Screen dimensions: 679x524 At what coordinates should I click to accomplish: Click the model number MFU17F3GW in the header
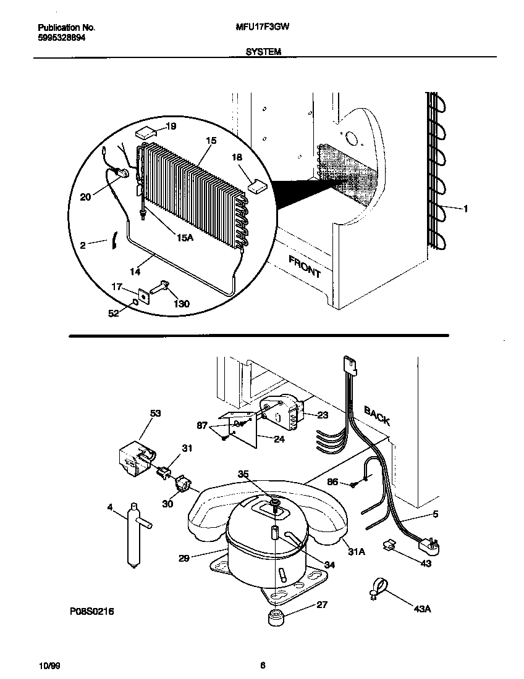click(263, 28)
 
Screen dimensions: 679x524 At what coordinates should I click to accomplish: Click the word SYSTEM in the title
click(263, 52)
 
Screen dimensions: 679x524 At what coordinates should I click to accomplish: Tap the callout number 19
click(171, 127)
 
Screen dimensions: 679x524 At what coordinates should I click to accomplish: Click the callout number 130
click(181, 304)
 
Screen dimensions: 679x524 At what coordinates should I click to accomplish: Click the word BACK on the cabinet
click(377, 415)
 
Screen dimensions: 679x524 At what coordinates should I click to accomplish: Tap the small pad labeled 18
click(256, 183)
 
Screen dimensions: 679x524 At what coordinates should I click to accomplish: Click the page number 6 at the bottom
click(263, 665)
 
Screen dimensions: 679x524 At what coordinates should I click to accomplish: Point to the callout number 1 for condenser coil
click(465, 209)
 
